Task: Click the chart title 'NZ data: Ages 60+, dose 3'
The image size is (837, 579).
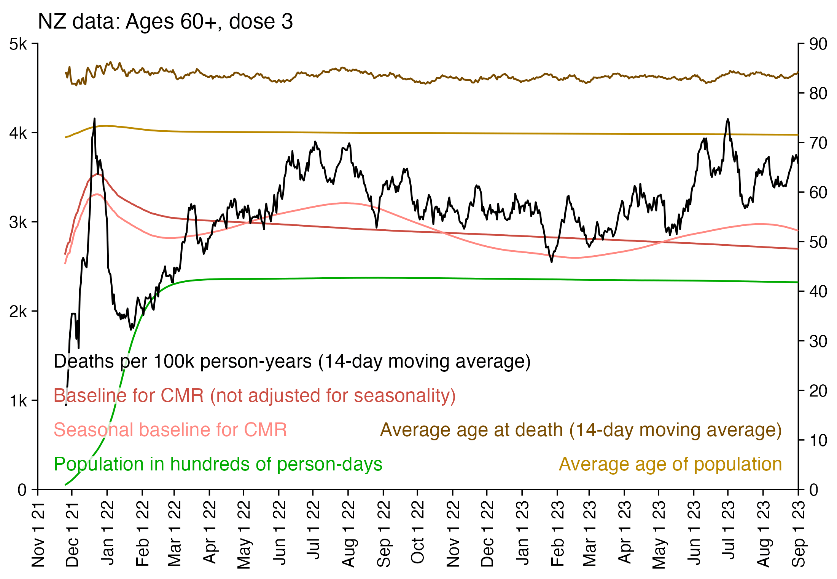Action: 165,22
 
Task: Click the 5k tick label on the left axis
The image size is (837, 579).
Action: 18,45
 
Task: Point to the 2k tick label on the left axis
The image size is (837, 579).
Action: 18,312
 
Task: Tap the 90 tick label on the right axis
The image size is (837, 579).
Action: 818,45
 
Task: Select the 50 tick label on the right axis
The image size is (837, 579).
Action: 818,242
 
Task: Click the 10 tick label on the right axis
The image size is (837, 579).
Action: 818,441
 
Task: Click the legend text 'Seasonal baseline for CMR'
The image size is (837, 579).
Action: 170,430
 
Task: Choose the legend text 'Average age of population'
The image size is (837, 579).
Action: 670,464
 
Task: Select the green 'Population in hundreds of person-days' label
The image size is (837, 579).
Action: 218,464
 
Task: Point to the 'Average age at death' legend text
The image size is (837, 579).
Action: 581,430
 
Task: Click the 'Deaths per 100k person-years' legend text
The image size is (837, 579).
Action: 292,361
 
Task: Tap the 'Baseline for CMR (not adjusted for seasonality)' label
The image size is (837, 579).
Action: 255,396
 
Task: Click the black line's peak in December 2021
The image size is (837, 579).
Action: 94,119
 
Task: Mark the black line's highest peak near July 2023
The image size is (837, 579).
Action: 728,119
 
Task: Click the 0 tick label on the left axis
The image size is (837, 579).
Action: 22,490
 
